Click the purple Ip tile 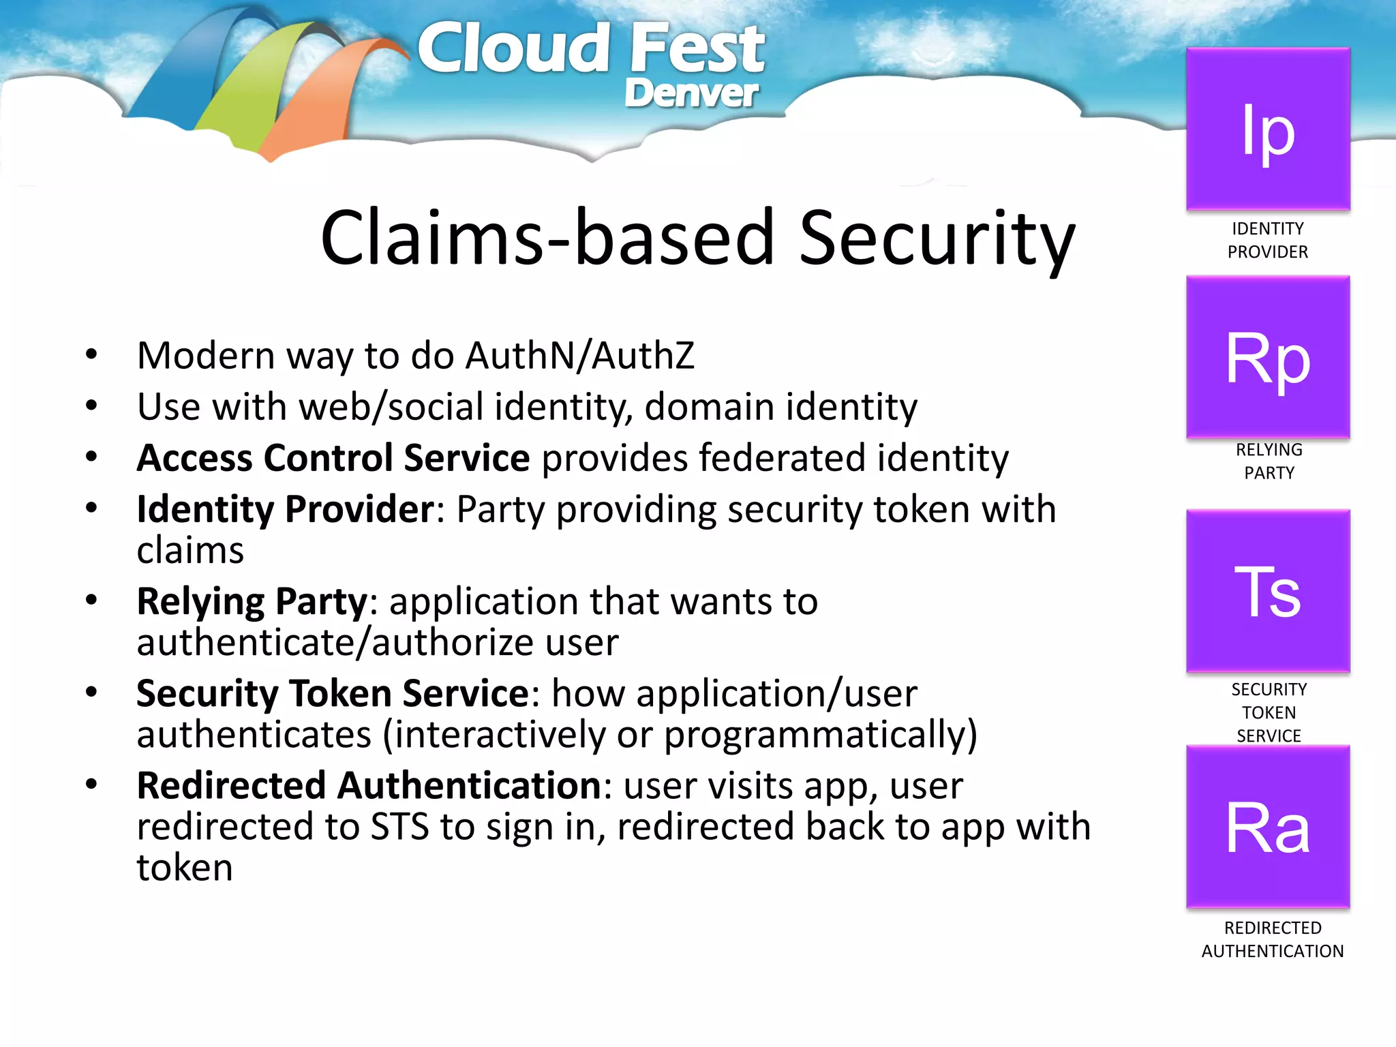click(x=1268, y=130)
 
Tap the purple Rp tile click(x=1268, y=357)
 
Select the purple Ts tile click(x=1268, y=591)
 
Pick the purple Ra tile click(x=1268, y=827)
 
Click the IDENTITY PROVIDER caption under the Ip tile click(x=1268, y=240)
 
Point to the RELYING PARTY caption click(x=1269, y=461)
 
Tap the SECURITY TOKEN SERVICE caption click(x=1269, y=712)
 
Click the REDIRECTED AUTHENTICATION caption click(x=1272, y=939)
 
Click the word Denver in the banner click(x=691, y=93)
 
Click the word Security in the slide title click(x=937, y=239)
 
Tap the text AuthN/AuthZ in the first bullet click(x=579, y=356)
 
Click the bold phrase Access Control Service click(x=333, y=457)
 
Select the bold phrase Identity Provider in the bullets click(x=285, y=509)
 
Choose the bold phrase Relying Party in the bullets click(x=252, y=601)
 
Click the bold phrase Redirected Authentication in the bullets click(x=368, y=785)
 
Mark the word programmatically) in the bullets click(x=820, y=735)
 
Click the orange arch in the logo click(x=307, y=102)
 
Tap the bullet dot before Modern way click(x=91, y=354)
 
